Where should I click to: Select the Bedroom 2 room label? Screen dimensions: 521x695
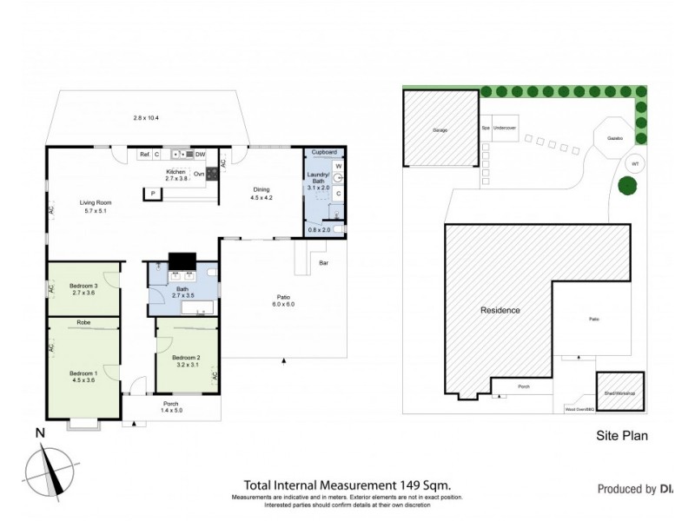(x=186, y=358)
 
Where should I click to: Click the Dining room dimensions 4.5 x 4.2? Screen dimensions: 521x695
(x=261, y=197)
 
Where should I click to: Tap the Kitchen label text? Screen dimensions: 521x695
(x=176, y=172)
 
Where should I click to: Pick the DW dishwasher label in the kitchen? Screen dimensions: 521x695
(x=200, y=155)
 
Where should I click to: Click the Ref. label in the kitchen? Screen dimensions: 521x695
(x=144, y=155)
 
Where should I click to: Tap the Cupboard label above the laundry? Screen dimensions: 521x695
(x=324, y=152)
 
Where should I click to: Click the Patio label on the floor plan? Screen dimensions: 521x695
(x=283, y=297)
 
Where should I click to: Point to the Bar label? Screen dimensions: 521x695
(x=323, y=261)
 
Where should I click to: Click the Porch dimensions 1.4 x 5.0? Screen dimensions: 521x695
(x=171, y=412)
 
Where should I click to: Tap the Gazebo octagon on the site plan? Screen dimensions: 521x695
(x=614, y=137)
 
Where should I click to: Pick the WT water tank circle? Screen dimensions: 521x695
(x=635, y=163)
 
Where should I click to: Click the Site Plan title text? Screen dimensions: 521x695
(x=622, y=437)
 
